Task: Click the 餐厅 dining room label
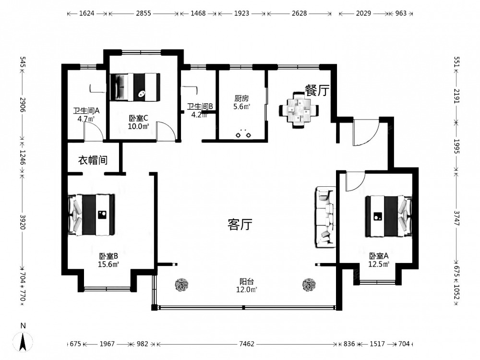tap(317, 90)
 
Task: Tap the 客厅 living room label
tap(240, 224)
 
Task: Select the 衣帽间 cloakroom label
tap(93, 160)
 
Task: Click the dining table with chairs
tap(299, 110)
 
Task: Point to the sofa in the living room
tap(325, 217)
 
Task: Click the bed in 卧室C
tap(135, 87)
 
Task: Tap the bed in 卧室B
tap(92, 215)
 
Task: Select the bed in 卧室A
tap(389, 216)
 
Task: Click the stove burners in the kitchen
tap(243, 134)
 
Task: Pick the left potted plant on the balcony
tap(182, 285)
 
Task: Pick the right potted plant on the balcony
tap(309, 285)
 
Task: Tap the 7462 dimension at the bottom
tap(247, 344)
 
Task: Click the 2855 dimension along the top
tap(144, 13)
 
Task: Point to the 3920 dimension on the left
tap(23, 222)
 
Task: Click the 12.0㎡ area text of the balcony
tap(246, 289)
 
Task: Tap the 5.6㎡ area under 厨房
tap(242, 107)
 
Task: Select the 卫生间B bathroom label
tap(200, 107)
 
